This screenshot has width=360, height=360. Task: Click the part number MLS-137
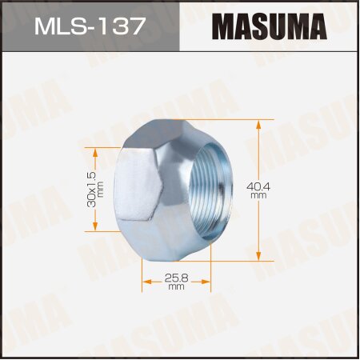(x=89, y=26)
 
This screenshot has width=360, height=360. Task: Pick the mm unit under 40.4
(x=281, y=194)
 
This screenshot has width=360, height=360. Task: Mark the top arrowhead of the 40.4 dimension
(x=260, y=122)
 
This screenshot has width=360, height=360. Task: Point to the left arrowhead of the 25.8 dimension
(x=145, y=281)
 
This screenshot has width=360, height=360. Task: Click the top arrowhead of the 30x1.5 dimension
(x=97, y=150)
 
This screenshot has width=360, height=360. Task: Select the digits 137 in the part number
(x=124, y=26)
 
